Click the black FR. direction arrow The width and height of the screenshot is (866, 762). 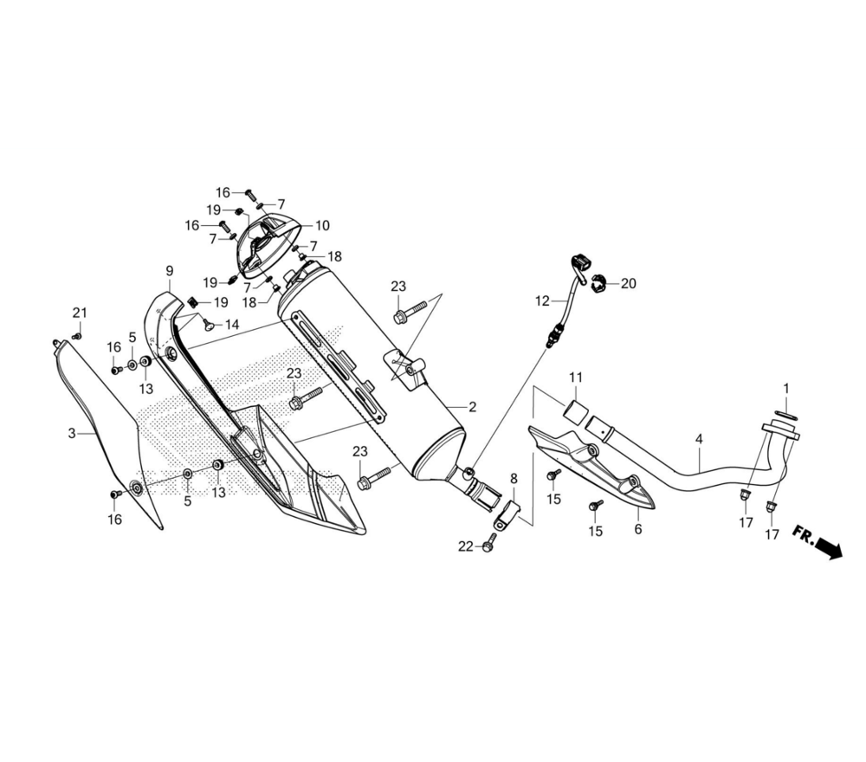click(x=829, y=548)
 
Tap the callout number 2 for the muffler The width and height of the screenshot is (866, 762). click(x=472, y=407)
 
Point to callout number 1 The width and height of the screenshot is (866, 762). click(x=786, y=388)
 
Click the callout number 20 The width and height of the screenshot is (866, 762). click(x=629, y=283)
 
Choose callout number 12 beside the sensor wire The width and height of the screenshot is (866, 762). click(x=542, y=301)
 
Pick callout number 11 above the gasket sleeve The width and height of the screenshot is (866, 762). click(x=576, y=378)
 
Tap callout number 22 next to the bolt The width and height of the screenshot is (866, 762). click(x=466, y=546)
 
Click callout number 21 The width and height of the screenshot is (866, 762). click(x=80, y=313)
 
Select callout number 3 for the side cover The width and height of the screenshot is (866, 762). click(x=72, y=434)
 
